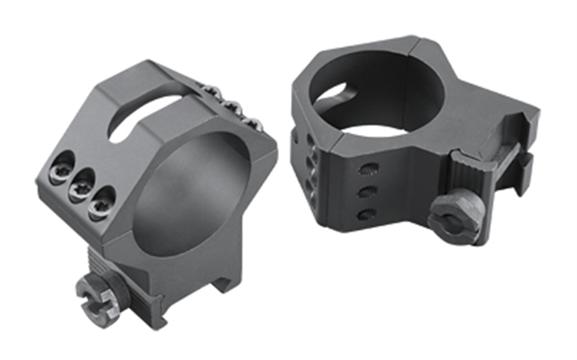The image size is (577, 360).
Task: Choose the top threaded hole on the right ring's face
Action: point(368,171)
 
